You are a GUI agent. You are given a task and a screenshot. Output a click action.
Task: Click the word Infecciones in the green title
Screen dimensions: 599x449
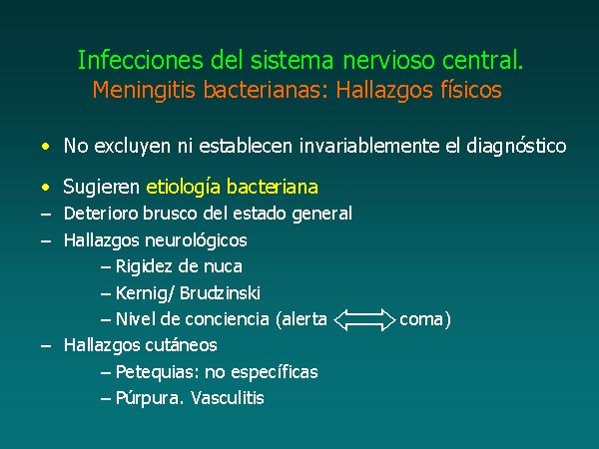point(141,60)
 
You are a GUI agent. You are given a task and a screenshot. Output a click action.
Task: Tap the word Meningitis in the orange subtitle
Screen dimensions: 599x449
point(144,91)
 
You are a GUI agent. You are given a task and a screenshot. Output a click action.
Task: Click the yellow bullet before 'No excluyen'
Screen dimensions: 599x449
point(46,147)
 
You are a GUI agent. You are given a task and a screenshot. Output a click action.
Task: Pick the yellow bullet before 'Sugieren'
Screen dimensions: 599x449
point(46,188)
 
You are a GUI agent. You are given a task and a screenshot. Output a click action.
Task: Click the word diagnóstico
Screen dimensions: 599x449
point(516,147)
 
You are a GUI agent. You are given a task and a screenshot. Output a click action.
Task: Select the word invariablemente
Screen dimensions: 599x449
point(369,146)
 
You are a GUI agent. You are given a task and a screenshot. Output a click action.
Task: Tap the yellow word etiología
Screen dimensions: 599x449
point(184,188)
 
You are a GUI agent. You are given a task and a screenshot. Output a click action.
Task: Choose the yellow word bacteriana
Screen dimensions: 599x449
point(273,187)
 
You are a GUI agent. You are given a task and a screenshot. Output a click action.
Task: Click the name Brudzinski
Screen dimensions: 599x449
point(220,293)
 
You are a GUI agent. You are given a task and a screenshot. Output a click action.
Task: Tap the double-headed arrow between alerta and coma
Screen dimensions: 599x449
point(364,320)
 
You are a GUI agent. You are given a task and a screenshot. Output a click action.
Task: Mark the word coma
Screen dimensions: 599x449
point(420,320)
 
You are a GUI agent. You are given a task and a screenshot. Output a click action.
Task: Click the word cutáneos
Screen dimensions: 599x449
point(181,345)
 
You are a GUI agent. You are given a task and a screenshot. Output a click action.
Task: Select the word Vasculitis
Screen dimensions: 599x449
point(228,398)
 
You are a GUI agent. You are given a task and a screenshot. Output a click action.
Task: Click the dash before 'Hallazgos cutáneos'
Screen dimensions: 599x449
point(46,346)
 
